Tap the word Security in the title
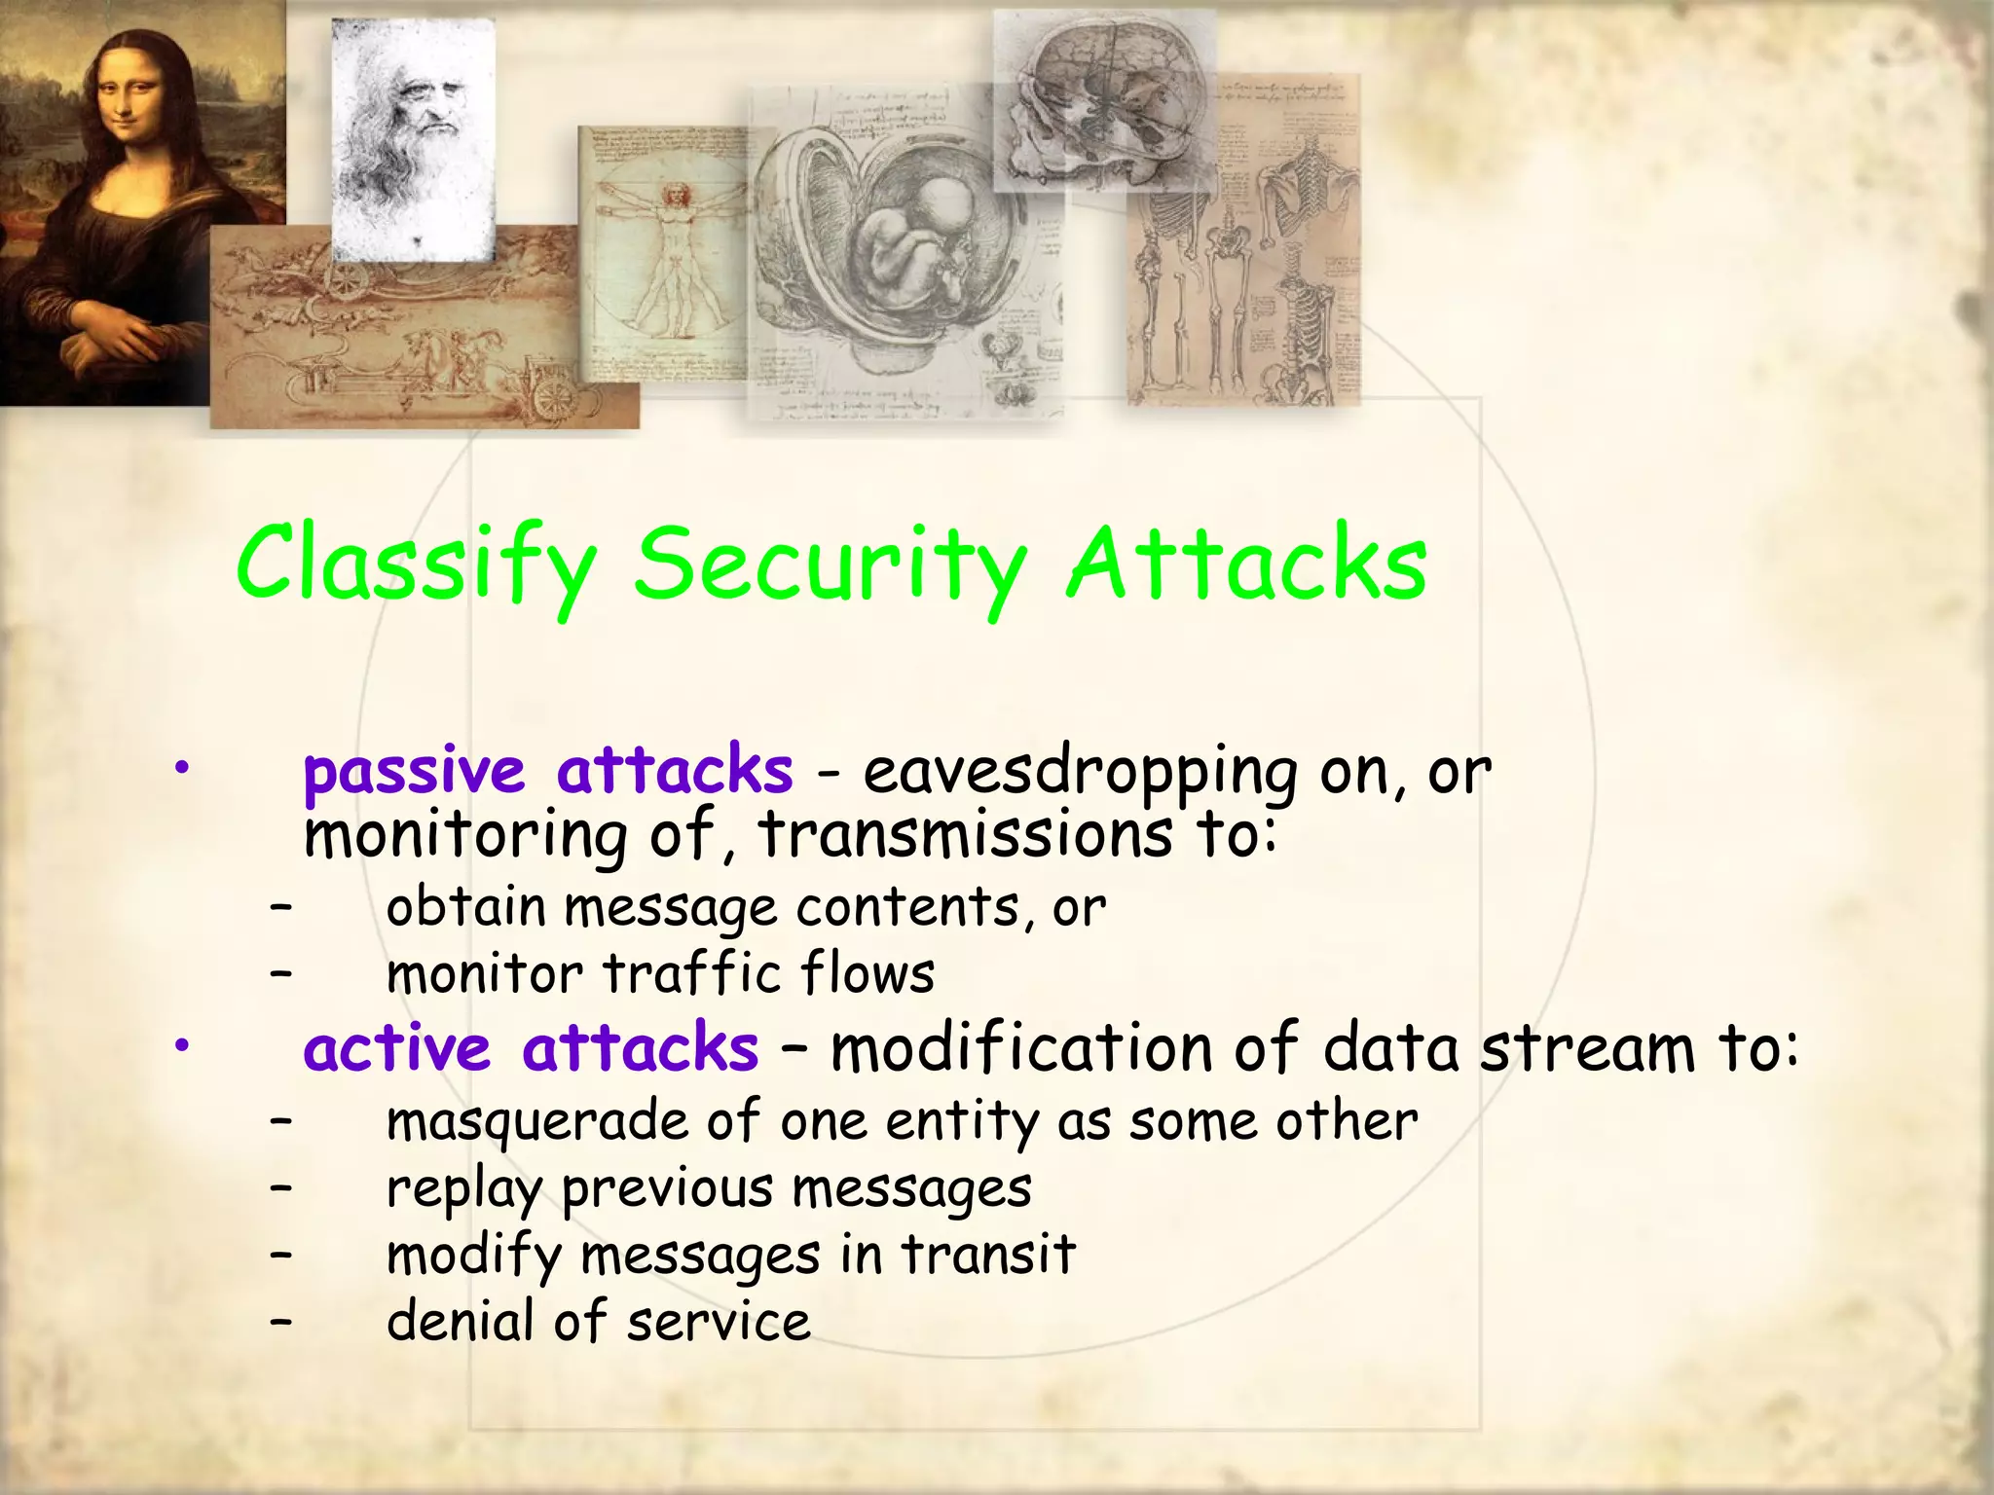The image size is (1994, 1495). tap(830, 566)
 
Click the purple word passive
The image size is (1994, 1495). tap(414, 772)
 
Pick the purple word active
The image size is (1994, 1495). tap(396, 1049)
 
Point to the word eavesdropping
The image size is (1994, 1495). tap(1079, 772)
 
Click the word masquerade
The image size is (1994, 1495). tap(537, 1121)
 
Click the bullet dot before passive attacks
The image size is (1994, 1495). tap(180, 770)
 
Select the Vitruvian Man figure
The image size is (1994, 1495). tap(672, 253)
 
